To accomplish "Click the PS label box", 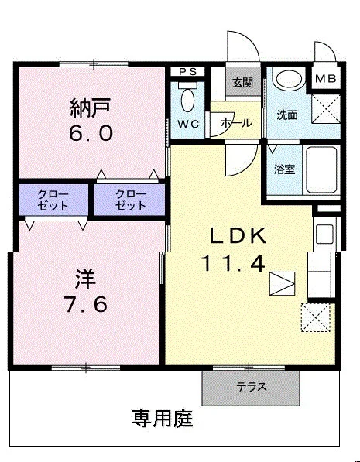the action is tap(188, 72).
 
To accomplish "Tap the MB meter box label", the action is tap(325, 79).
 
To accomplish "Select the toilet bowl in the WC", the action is tap(187, 100).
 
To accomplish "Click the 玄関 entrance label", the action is tap(243, 83).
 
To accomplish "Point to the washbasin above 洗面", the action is tap(290, 78).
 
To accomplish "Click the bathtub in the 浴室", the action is tap(321, 170).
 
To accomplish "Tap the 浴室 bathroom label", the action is tap(285, 169).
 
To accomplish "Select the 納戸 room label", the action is tap(91, 108).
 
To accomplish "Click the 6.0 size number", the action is tap(91, 133).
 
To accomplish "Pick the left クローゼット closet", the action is tap(53, 200).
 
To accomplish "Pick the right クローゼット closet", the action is tap(129, 200).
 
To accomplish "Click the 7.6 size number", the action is tap(86, 304).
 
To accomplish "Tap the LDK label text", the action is tap(238, 235).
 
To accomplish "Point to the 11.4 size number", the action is tap(232, 264).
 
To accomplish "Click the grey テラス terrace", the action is tap(251, 388).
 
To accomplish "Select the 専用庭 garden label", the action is tap(162, 419).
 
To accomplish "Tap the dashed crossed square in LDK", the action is tap(316, 318).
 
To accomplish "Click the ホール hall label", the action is tap(236, 122).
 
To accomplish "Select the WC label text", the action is tap(188, 125).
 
